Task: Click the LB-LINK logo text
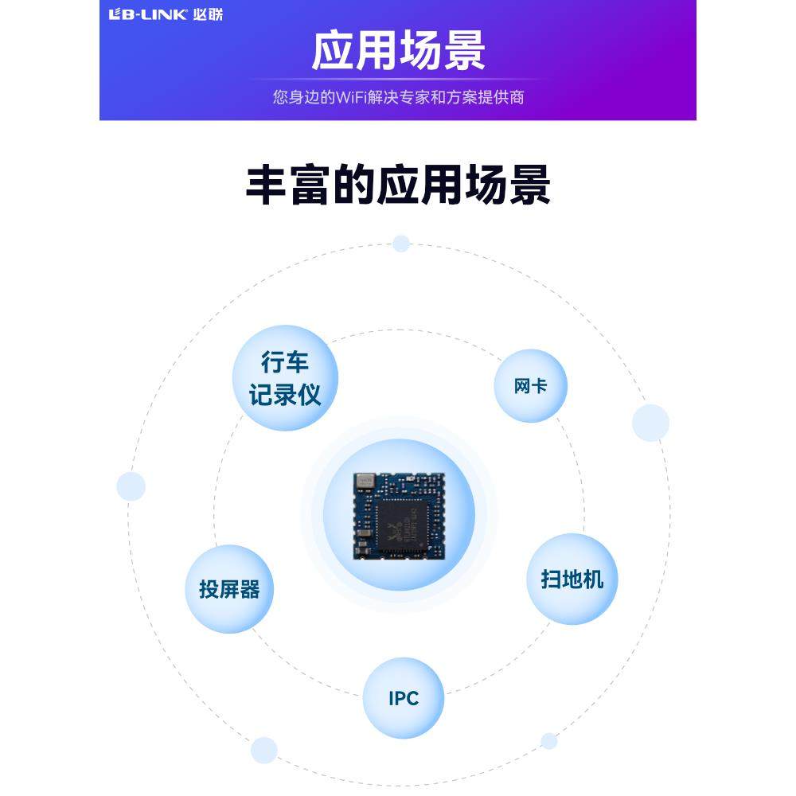[148, 14]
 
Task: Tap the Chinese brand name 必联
[206, 14]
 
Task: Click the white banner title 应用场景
[398, 50]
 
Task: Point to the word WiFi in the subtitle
[355, 98]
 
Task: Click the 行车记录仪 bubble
[285, 378]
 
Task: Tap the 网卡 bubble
[530, 386]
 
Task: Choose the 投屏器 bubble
[229, 589]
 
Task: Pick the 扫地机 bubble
[572, 579]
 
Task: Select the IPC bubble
[404, 698]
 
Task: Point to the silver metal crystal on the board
[365, 481]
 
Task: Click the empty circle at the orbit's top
[401, 244]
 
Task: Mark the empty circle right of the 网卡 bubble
[650, 423]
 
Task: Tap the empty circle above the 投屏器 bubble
[131, 486]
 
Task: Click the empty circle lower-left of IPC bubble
[263, 750]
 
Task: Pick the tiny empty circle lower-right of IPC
[548, 741]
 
